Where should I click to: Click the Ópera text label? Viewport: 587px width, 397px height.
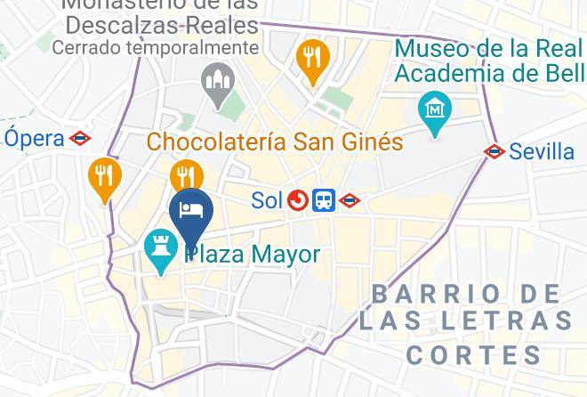[35, 138]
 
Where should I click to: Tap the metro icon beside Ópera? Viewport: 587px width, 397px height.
[81, 138]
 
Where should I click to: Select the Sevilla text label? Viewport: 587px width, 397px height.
[542, 151]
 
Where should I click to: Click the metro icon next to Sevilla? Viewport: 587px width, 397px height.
[495, 151]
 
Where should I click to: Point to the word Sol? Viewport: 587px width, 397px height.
[266, 200]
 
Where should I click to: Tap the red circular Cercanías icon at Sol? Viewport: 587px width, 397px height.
[297, 201]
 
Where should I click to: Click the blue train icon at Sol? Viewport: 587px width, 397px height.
[324, 201]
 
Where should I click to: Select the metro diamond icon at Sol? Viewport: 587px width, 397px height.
[350, 201]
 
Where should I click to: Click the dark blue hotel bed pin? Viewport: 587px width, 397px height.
[190, 213]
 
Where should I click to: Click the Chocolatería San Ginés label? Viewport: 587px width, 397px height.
[275, 142]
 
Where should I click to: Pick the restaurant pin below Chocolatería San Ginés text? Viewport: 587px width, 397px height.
[187, 175]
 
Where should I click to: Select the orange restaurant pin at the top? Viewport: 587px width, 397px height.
[312, 60]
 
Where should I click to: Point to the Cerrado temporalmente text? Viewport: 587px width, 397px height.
[156, 48]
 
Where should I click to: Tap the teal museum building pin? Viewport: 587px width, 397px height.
[434, 112]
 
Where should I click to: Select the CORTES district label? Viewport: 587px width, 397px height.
[473, 355]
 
